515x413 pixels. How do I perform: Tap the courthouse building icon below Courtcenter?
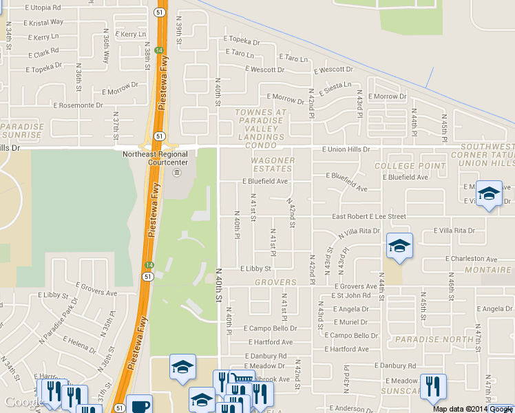pyautogui.click(x=177, y=172)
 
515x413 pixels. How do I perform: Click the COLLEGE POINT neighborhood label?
pyautogui.click(x=409, y=167)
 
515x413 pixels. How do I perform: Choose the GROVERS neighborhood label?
pyautogui.click(x=275, y=282)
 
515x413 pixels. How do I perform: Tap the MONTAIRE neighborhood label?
pyautogui.click(x=487, y=271)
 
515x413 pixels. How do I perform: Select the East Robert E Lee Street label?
pyautogui.click(x=369, y=217)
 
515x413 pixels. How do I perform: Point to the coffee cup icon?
pyautogui.click(x=139, y=405)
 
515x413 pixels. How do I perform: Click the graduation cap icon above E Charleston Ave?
pyautogui.click(x=399, y=246)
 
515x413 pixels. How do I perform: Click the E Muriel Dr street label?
pyautogui.click(x=354, y=322)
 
